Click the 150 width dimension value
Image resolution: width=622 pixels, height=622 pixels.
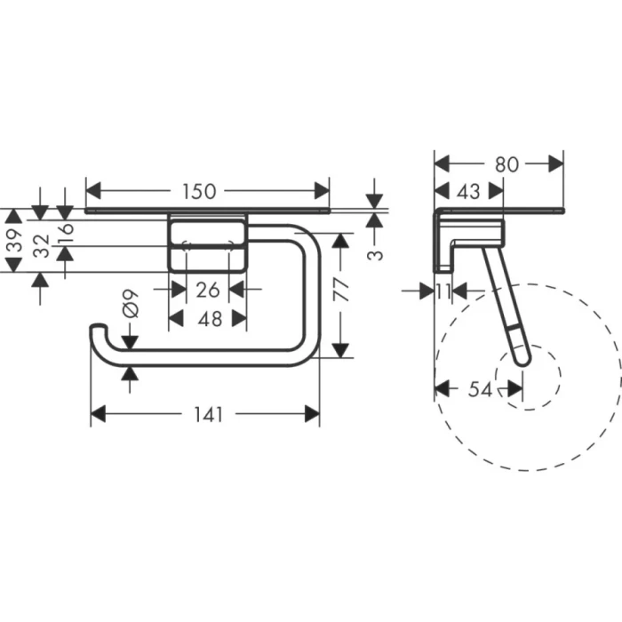pos(200,191)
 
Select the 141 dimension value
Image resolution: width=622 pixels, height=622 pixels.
pos(204,414)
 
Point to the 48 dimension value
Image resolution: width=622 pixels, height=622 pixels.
pos(208,318)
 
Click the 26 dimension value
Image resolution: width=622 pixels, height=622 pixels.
pos(208,289)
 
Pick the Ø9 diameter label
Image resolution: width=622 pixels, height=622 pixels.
pos(130,305)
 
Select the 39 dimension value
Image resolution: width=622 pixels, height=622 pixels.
pos(12,240)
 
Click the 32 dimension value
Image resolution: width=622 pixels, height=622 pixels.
pos(40,245)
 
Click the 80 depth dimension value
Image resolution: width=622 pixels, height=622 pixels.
pos(506,164)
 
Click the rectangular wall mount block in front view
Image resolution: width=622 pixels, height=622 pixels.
pos(208,244)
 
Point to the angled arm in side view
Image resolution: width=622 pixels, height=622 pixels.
pos(502,302)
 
